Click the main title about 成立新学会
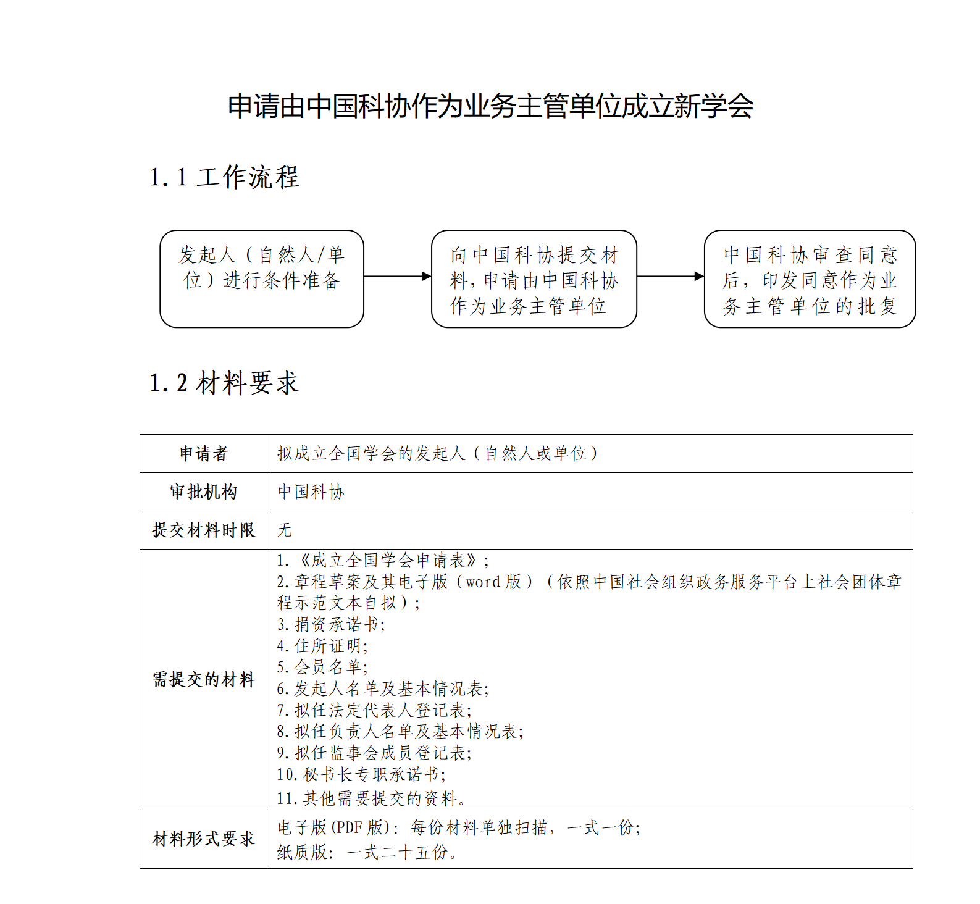[x=490, y=106]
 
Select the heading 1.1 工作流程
[x=224, y=177]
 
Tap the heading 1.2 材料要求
[x=224, y=383]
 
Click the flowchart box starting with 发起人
[x=262, y=278]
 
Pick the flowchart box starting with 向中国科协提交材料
[x=534, y=278]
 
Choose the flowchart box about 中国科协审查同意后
[x=809, y=278]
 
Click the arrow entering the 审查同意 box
[x=670, y=276]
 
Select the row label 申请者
[x=204, y=454]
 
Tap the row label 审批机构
[x=204, y=492]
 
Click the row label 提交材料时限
[x=204, y=530]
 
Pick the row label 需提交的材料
[x=204, y=679]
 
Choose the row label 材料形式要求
[x=204, y=839]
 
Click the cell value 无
[x=285, y=530]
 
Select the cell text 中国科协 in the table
[x=311, y=492]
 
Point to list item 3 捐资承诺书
[x=331, y=624]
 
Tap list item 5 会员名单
[x=322, y=667]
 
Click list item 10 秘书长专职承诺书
[x=361, y=774]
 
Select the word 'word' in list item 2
[x=483, y=582]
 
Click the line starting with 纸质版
[x=367, y=853]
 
